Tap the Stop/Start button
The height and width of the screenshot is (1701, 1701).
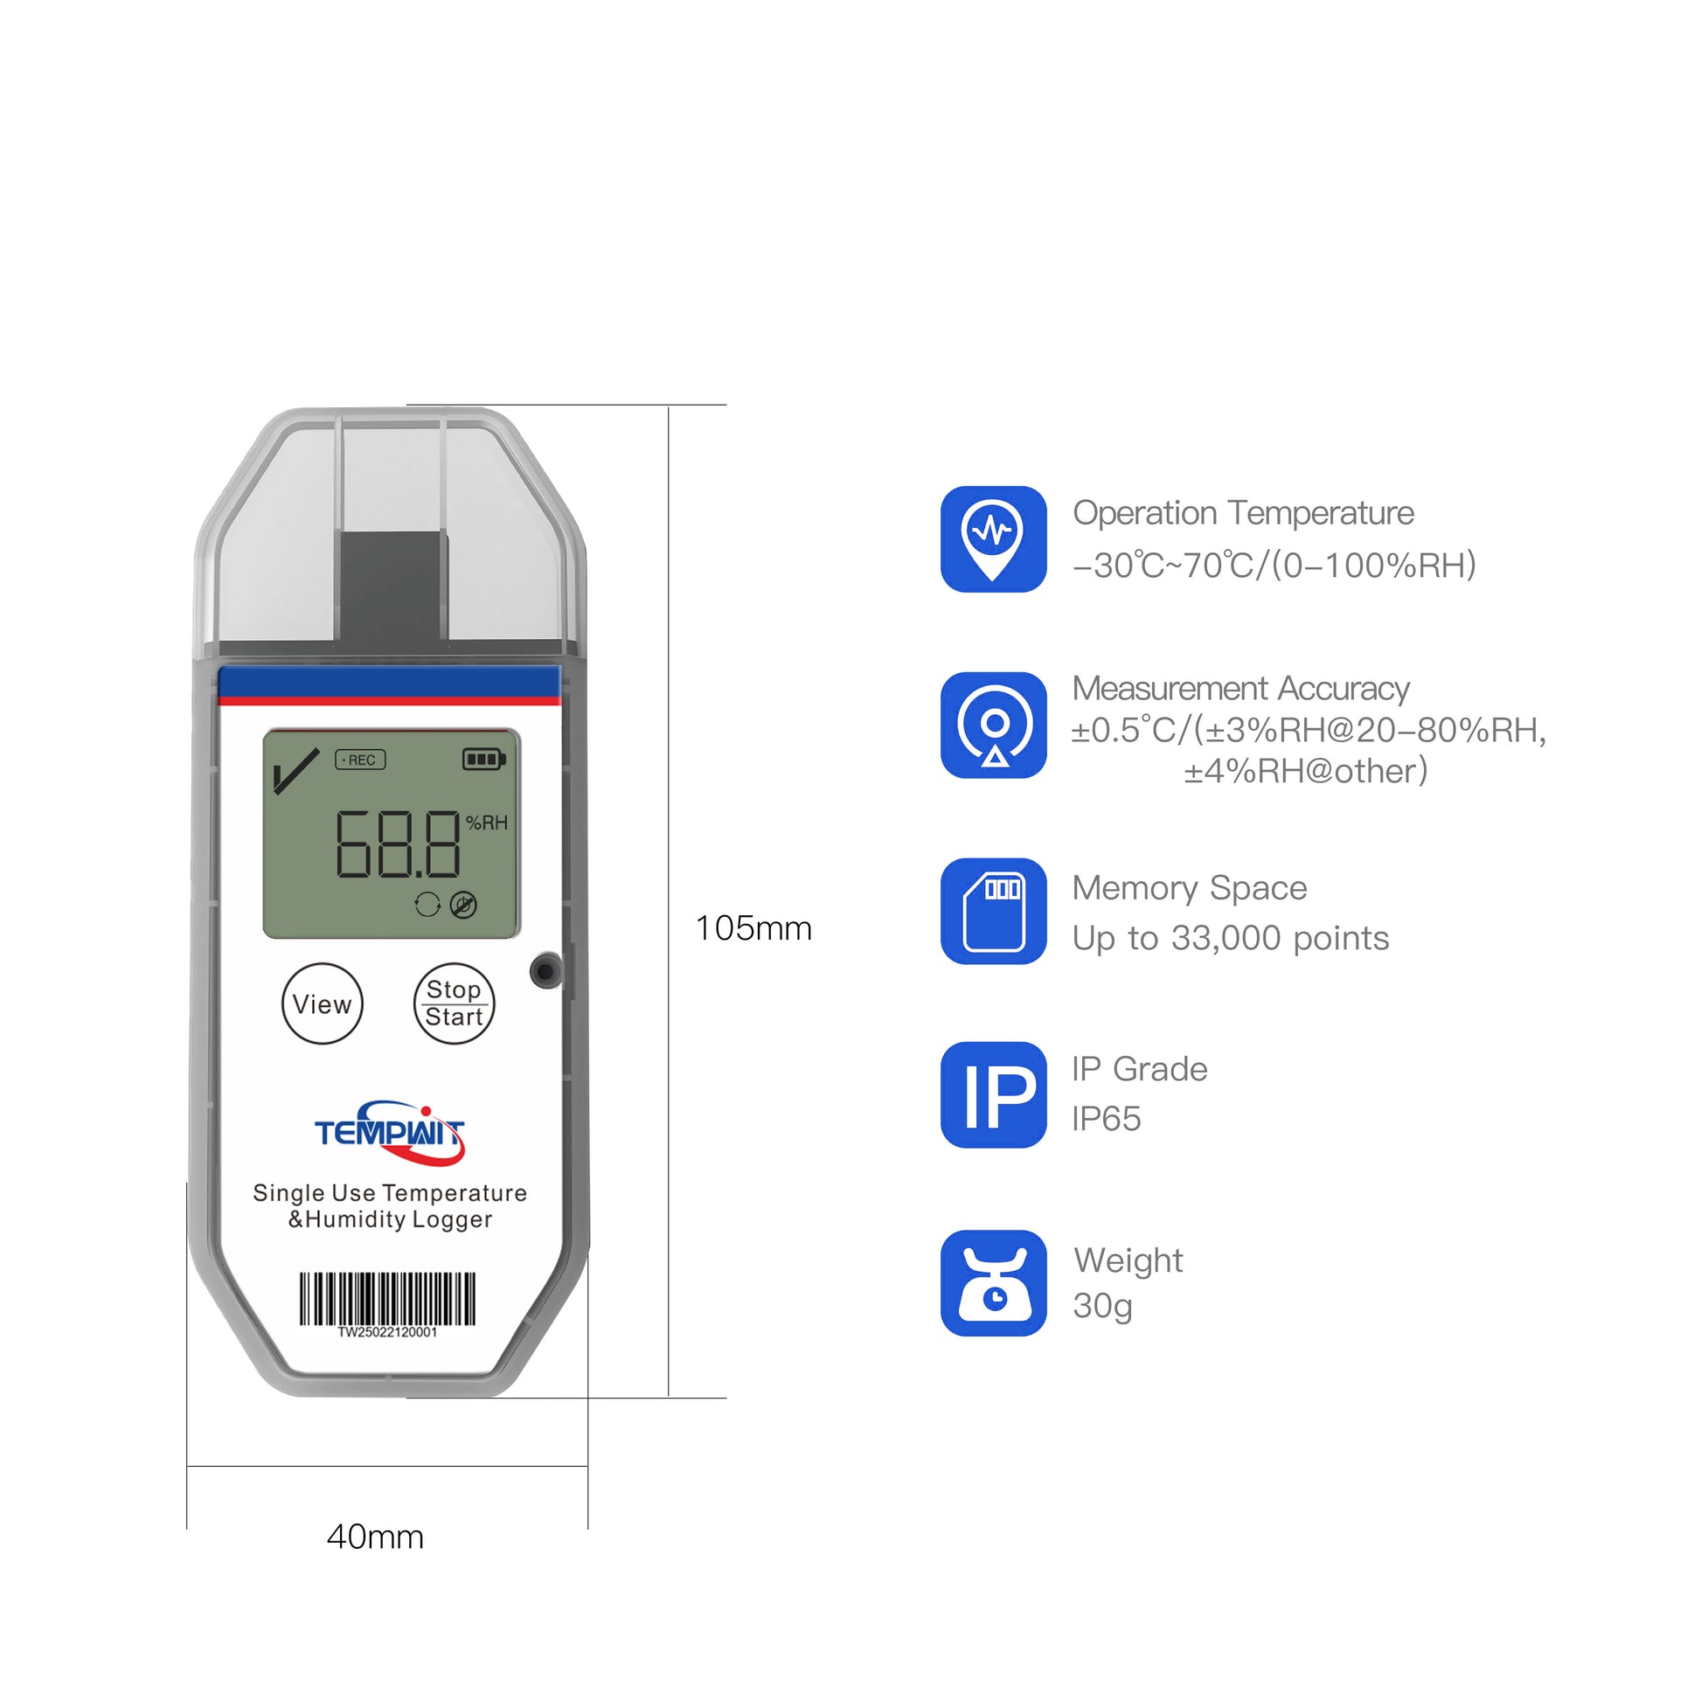point(454,1003)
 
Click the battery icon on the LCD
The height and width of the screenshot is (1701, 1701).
point(483,759)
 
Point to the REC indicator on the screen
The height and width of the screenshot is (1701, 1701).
point(360,760)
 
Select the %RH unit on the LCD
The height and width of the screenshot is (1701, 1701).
point(487,823)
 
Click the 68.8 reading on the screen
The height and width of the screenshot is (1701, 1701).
point(397,845)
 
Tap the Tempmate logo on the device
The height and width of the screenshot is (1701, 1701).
point(389,1132)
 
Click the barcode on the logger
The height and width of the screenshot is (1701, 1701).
point(387,1299)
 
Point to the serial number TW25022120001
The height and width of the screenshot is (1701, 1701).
point(387,1332)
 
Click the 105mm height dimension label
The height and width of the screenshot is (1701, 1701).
point(753,928)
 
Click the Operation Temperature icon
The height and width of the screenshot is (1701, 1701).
point(993,538)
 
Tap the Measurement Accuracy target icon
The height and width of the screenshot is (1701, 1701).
point(993,725)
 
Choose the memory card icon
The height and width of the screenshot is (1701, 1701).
point(993,910)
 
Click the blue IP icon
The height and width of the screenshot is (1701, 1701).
point(993,1094)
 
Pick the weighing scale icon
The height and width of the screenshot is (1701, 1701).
point(993,1283)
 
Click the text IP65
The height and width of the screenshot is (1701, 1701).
point(1106,1119)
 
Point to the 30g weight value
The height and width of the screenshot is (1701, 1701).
point(1101,1307)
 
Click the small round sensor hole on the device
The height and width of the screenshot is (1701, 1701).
point(545,971)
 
